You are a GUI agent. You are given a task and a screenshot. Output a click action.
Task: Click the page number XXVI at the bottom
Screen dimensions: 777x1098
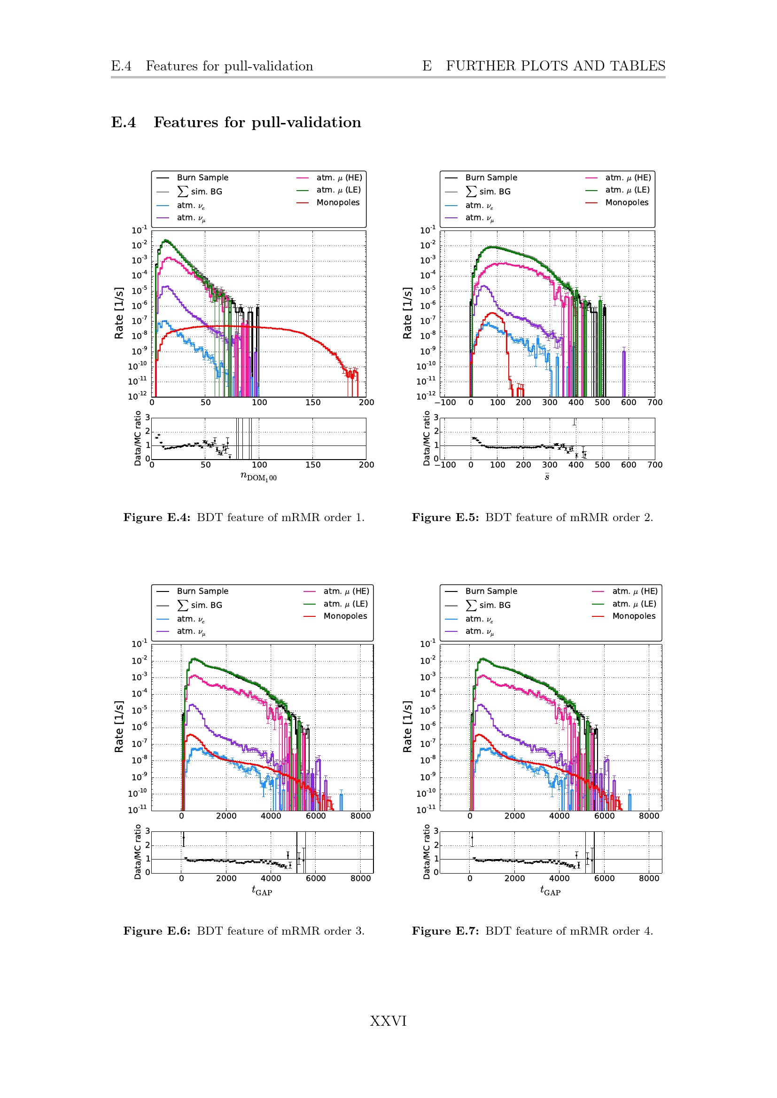(388, 1021)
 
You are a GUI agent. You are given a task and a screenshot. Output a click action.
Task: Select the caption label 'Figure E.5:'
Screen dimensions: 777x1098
(445, 517)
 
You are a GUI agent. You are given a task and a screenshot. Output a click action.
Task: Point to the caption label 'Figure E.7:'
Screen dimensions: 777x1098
(445, 931)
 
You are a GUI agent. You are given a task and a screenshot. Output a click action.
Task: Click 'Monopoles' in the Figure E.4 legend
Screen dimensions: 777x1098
(338, 202)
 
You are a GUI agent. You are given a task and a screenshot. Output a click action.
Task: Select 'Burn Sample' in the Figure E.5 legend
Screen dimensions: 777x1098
(491, 177)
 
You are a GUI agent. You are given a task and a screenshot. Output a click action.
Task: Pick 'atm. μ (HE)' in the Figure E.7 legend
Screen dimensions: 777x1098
(635, 591)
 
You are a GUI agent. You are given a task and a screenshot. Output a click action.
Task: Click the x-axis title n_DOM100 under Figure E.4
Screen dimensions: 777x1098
(258, 476)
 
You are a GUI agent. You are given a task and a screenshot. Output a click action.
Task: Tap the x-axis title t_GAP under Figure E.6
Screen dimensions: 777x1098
(262, 890)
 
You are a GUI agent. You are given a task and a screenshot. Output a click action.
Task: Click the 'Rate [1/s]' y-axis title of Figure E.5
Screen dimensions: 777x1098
(407, 313)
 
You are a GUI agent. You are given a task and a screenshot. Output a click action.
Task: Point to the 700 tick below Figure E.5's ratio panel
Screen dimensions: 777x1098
(654, 465)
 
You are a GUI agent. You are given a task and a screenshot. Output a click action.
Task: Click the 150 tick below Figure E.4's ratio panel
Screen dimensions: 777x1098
(313, 465)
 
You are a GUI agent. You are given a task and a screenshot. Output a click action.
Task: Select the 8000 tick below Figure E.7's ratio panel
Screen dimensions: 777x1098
(649, 878)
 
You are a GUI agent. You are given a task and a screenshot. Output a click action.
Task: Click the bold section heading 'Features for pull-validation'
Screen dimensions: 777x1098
(257, 123)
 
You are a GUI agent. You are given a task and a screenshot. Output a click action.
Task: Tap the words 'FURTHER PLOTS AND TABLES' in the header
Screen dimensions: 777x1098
(555, 66)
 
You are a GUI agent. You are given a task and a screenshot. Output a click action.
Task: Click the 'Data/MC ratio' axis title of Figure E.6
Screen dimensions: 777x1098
(138, 852)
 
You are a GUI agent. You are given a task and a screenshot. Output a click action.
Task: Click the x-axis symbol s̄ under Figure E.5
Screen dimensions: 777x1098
(547, 476)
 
